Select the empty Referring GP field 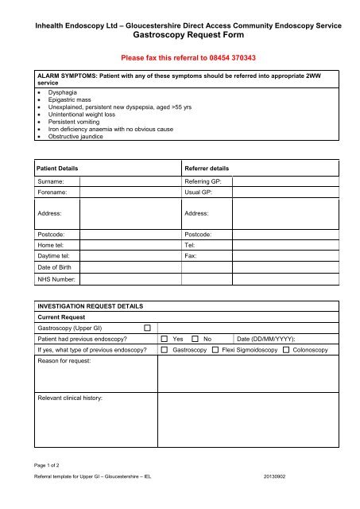(281, 181)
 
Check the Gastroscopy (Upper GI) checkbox (147, 327)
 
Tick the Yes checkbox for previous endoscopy (165, 339)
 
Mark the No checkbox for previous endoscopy (195, 339)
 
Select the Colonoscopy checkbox (286, 350)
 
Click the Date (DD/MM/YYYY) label (267, 339)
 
